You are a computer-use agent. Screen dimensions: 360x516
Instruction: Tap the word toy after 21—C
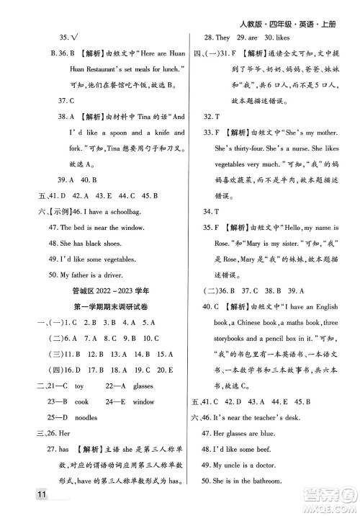coord(80,386)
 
